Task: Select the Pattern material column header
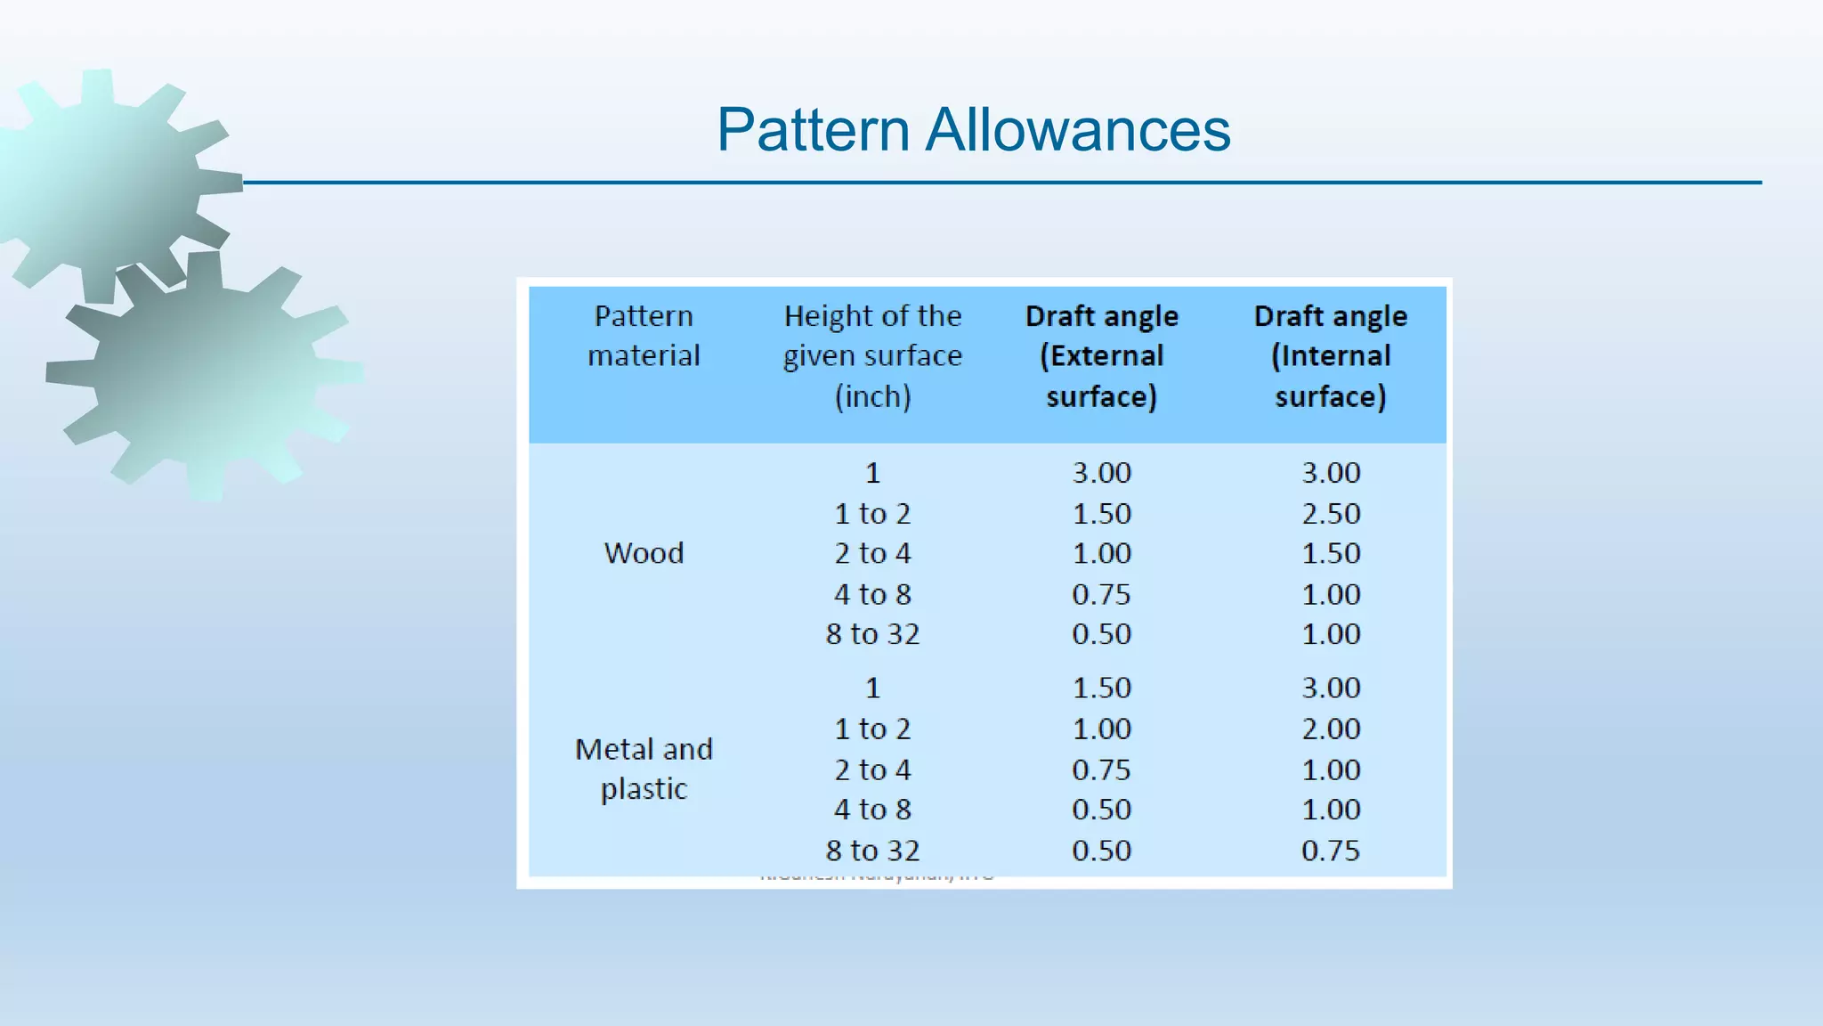click(644, 336)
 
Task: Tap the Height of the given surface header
click(872, 355)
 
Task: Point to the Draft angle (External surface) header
click(1101, 355)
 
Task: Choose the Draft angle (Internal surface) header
click(1331, 355)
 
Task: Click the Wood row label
click(644, 553)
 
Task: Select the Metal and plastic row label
click(644, 769)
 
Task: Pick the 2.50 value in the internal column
click(1331, 513)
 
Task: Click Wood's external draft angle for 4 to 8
click(1101, 594)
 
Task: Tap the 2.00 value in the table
click(1331, 729)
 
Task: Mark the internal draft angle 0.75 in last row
click(1331, 850)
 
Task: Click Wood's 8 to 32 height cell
click(872, 634)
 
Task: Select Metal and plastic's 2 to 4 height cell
click(872, 769)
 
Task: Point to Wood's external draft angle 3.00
click(1101, 472)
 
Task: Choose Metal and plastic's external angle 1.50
click(1101, 688)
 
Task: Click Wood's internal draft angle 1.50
click(1331, 553)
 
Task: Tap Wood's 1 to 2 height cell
click(872, 513)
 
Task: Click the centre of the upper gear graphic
click(107, 183)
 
